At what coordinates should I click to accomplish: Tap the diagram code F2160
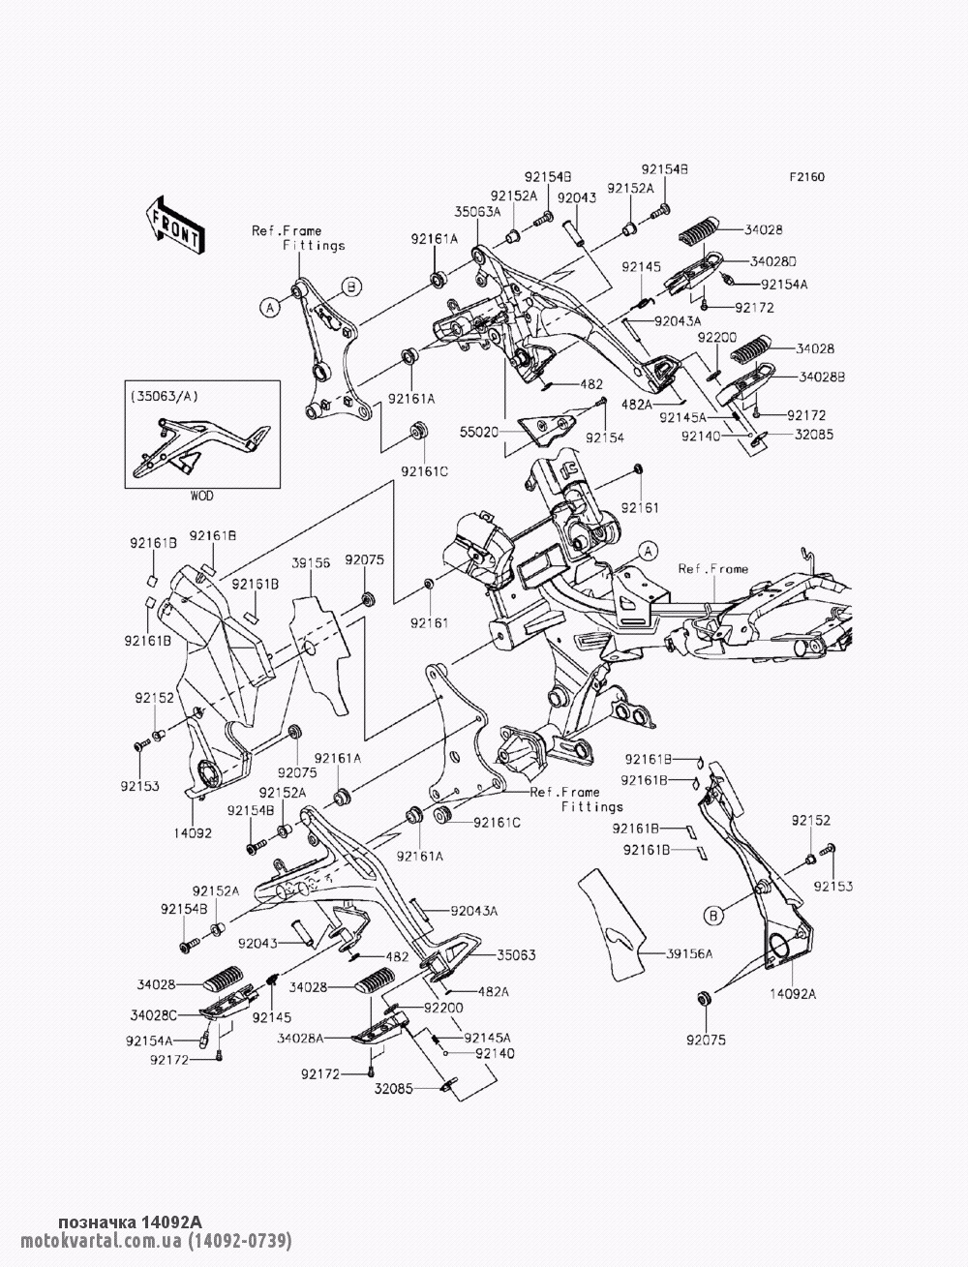[807, 177]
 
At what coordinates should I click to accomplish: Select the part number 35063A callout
[477, 211]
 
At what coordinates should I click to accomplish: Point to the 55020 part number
[478, 431]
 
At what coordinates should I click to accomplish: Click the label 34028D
[772, 261]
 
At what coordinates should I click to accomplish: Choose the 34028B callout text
[822, 377]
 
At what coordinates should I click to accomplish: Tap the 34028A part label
[299, 1038]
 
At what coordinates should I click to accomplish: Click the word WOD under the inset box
[201, 496]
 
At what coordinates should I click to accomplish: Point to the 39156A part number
[689, 954]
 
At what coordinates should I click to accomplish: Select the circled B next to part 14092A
[713, 916]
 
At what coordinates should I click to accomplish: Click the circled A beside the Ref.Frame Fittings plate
[269, 308]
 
